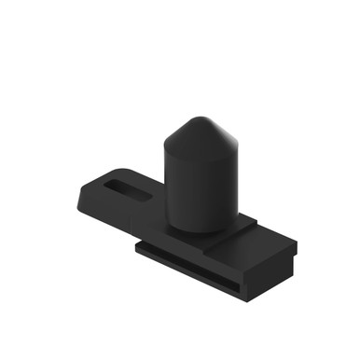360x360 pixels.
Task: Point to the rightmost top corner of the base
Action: click(297, 244)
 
